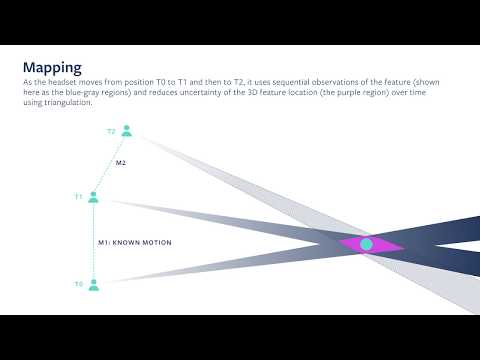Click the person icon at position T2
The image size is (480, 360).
pos(126,131)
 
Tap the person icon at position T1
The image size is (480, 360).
pos(94,197)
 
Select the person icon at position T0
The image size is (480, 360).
pos(94,285)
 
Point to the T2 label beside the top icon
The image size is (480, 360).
pos(111,131)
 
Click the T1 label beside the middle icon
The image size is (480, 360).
pos(78,197)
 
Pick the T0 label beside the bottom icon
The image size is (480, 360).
pos(78,285)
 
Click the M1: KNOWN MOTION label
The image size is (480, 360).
pos(135,243)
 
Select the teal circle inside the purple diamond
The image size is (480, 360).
pos(367,244)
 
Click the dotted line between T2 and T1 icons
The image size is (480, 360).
pos(110,164)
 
